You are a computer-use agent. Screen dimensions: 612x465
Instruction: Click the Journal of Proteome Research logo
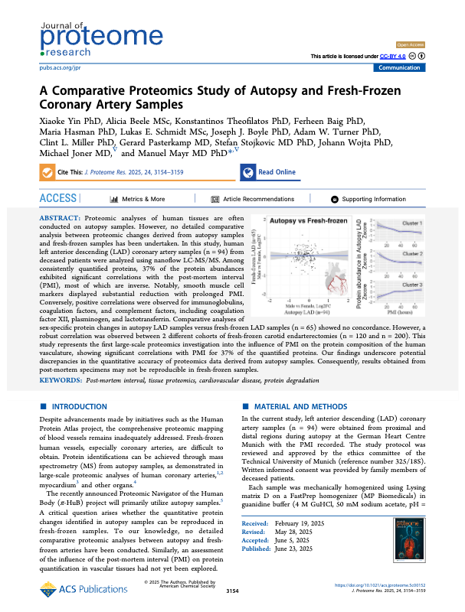pos(68,35)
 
